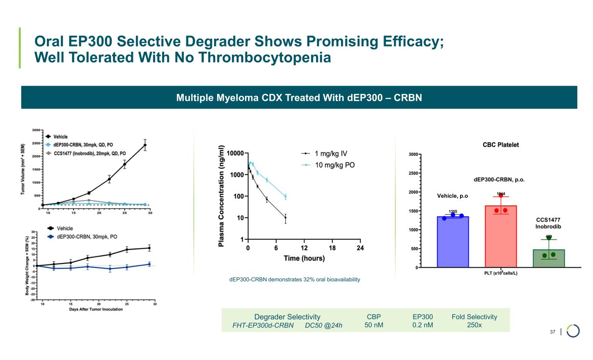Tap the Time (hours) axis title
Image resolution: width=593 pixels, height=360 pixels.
click(304, 258)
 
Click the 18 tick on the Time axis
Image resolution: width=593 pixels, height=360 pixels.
click(332, 248)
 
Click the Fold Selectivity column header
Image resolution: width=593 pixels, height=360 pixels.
click(474, 317)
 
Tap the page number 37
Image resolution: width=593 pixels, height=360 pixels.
click(553, 332)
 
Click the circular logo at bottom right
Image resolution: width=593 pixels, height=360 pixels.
click(573, 330)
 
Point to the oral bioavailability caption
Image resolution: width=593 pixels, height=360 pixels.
click(295, 280)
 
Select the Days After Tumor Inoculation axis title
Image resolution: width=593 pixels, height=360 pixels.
click(96, 309)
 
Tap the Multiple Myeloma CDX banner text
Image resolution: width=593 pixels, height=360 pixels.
click(299, 97)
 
